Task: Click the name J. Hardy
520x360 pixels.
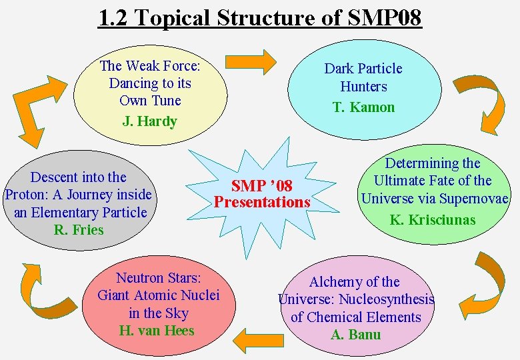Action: coord(150,121)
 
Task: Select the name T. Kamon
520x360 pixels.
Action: coord(363,107)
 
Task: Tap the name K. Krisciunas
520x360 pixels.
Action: coord(433,219)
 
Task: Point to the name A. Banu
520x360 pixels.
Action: coord(355,335)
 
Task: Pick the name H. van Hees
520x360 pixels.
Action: coord(157,331)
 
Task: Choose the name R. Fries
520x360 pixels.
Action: coord(79,230)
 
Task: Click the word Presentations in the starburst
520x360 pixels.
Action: coord(262,201)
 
